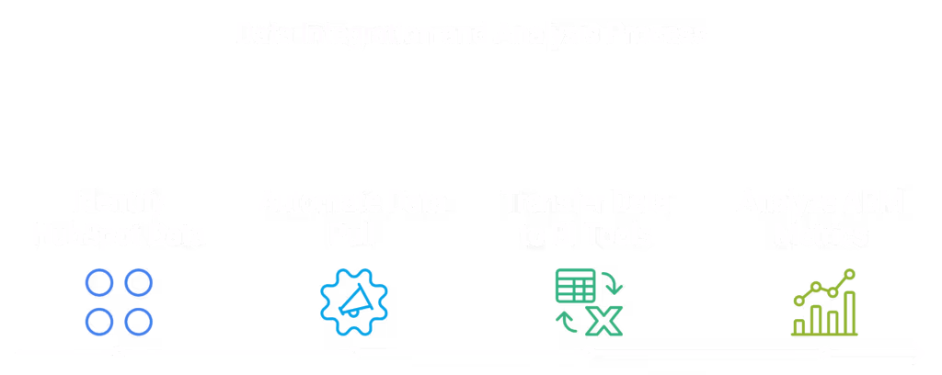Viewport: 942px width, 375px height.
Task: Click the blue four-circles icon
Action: coord(119,301)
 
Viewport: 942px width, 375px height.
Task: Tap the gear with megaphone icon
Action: coord(354,301)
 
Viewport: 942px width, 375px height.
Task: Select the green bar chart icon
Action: coord(824,301)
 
